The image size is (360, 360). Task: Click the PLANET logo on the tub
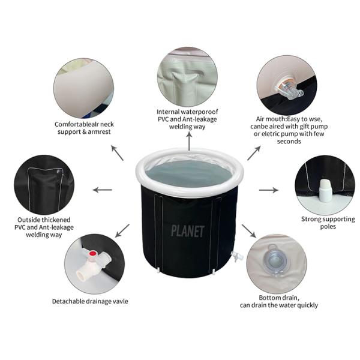[x=188, y=231]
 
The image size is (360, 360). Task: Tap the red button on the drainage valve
[x=93, y=253]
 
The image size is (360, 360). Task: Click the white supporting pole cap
[x=325, y=190]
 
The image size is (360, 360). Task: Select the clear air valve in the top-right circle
[x=289, y=89]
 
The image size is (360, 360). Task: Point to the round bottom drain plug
[x=274, y=260]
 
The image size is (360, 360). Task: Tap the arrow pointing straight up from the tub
[x=189, y=142]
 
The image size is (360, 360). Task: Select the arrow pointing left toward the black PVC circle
[x=102, y=190]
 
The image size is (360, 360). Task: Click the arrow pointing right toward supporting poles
[x=269, y=190]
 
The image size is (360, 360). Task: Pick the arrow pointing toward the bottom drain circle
[x=249, y=231]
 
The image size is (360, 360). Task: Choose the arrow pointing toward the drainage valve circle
[x=122, y=231]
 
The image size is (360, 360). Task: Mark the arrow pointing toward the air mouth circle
[x=254, y=153]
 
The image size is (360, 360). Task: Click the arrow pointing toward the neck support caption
[x=118, y=153]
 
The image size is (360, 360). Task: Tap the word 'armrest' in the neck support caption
[x=99, y=132]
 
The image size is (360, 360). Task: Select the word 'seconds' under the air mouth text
[x=289, y=141]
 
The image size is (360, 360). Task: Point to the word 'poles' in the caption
[x=328, y=227]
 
